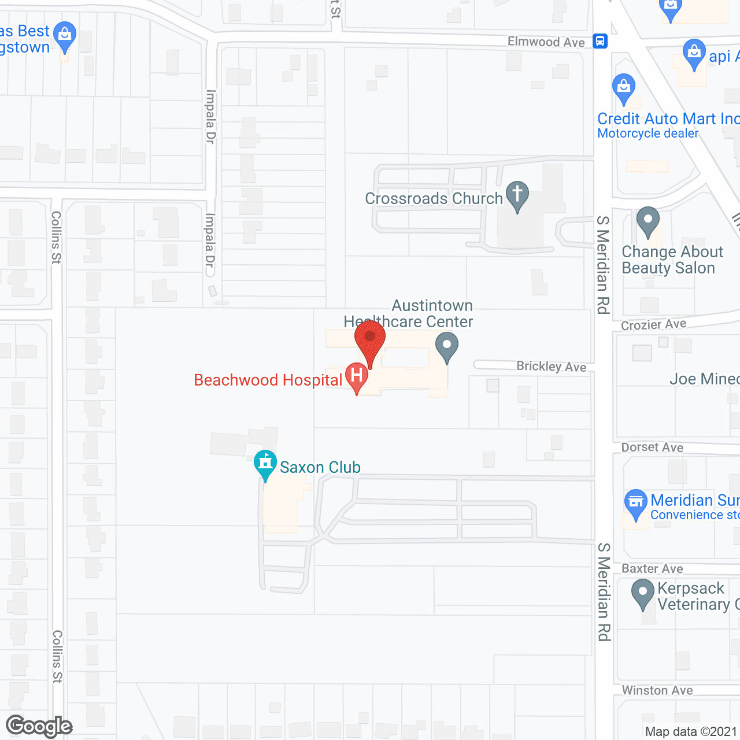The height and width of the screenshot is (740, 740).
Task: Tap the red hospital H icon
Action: tap(357, 375)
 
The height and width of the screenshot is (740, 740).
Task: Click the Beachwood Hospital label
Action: tap(268, 380)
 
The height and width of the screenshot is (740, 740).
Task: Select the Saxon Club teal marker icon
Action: tap(265, 462)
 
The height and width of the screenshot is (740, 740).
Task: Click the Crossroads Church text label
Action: tap(434, 198)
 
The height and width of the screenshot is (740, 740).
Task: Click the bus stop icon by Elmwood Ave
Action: tap(600, 41)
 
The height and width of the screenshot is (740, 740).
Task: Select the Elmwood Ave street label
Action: tap(546, 42)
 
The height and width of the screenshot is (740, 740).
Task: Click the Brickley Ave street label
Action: tap(551, 366)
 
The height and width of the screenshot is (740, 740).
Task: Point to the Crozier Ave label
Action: tap(653, 324)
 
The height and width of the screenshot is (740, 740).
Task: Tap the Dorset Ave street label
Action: tap(652, 447)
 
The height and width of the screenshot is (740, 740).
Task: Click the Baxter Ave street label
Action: tap(652, 569)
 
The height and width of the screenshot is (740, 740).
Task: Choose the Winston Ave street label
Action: tap(657, 690)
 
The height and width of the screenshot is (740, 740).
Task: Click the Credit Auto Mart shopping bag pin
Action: tap(623, 87)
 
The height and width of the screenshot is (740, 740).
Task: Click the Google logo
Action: tap(39, 726)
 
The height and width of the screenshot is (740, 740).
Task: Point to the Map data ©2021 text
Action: tap(691, 731)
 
